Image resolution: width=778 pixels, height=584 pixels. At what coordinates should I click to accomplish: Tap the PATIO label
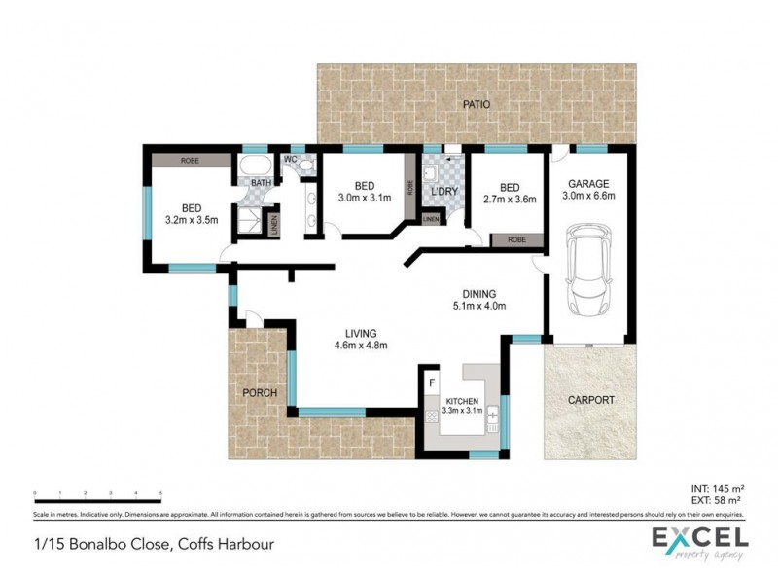click(x=476, y=104)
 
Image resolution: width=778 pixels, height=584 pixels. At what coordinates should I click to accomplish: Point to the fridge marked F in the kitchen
click(x=432, y=383)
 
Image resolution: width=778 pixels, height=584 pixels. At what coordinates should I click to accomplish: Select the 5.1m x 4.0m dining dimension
click(x=479, y=306)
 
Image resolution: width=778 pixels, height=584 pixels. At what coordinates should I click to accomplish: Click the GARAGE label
click(x=589, y=183)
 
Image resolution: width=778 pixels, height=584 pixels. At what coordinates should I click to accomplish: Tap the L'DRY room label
click(x=443, y=192)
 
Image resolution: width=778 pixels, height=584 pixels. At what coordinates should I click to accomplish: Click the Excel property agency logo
click(x=699, y=541)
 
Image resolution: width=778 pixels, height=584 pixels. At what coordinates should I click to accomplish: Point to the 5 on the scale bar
click(x=160, y=493)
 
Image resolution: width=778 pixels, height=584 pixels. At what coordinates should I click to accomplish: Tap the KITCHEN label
click(x=463, y=401)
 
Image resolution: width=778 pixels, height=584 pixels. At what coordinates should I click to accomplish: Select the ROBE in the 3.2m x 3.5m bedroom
click(x=190, y=160)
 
